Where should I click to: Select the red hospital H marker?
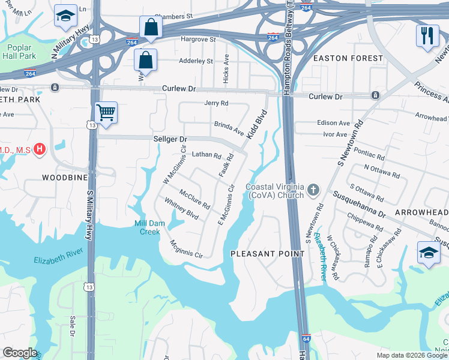coord(40,149)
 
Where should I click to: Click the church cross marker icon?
coord(312,191)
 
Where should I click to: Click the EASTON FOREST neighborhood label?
coord(348,58)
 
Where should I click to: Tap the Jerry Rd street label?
coord(217,103)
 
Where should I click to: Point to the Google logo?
coord(20,353)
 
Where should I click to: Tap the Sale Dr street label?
coord(73,326)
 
